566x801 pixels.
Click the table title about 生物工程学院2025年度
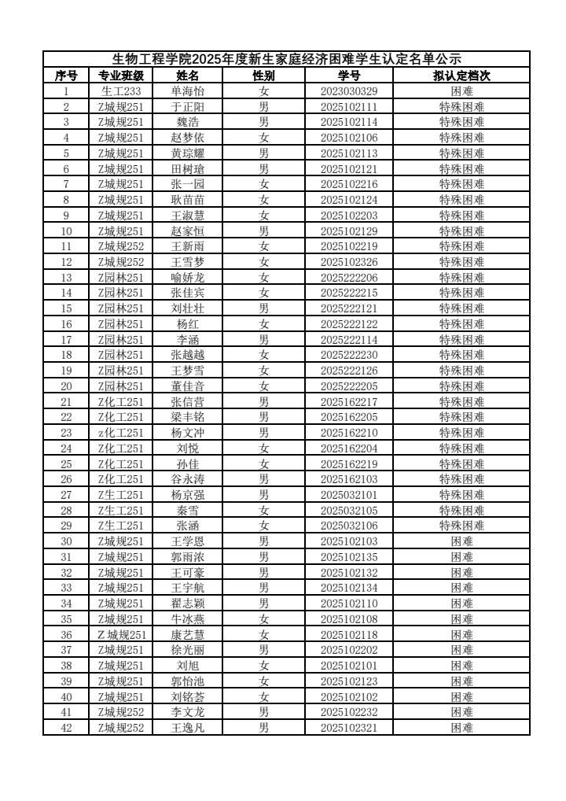point(286,59)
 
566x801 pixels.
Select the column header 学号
point(349,76)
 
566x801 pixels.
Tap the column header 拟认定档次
point(461,76)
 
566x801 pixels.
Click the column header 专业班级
point(121,76)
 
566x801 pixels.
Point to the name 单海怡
point(188,91)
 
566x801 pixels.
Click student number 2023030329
point(349,91)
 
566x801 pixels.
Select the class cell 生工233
point(121,91)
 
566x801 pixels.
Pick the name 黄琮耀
point(188,153)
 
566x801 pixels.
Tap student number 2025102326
point(349,262)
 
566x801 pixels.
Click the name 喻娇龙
point(188,278)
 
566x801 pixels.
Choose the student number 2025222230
point(349,355)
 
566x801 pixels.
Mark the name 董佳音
point(188,386)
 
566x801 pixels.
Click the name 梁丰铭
point(188,417)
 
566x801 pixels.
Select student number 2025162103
point(349,479)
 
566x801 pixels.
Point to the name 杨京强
point(188,495)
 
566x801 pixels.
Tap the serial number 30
point(66,541)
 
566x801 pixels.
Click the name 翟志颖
point(188,604)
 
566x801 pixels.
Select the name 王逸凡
point(188,728)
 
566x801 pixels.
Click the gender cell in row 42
point(264,728)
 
